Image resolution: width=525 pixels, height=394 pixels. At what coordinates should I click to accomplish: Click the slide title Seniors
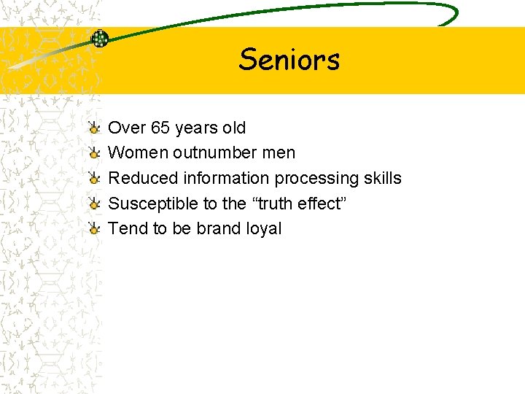click(289, 59)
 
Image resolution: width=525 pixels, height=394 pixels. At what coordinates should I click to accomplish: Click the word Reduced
click(143, 178)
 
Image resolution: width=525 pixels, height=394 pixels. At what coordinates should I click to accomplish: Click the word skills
click(381, 178)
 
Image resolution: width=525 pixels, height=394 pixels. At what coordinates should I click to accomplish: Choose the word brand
click(219, 228)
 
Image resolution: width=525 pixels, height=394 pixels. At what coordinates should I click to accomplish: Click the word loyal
click(264, 229)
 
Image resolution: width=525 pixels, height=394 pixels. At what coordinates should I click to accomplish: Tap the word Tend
click(128, 228)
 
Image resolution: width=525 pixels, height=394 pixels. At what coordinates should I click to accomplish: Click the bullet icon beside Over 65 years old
click(94, 128)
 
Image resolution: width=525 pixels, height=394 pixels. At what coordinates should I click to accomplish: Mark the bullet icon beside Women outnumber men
click(94, 153)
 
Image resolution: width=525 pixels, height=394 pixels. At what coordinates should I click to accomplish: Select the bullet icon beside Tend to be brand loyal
click(94, 229)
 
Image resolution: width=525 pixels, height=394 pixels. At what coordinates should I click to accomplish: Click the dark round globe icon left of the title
click(99, 39)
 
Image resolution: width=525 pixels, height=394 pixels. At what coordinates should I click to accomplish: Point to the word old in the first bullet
click(234, 128)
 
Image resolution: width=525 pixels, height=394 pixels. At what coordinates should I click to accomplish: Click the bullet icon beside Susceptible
click(94, 204)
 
